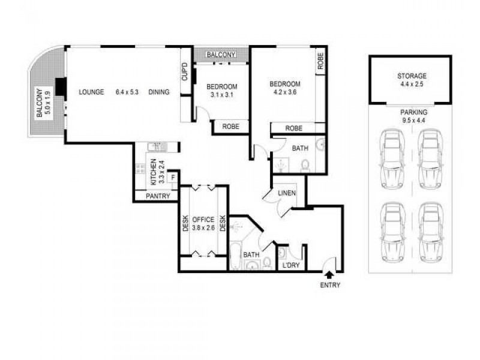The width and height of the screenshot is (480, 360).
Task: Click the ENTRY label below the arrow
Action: [x=331, y=285]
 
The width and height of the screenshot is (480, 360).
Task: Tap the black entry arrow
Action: [x=329, y=275]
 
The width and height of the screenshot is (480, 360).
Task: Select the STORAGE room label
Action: [x=411, y=76]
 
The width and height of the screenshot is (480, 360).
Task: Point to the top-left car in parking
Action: [x=391, y=157]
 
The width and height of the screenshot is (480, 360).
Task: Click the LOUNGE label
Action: [x=91, y=92]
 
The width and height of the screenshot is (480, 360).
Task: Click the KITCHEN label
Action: [x=154, y=170]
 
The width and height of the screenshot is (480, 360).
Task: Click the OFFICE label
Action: [x=203, y=220]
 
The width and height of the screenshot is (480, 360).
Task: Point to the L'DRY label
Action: [x=292, y=265]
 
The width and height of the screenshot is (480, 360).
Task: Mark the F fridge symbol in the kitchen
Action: [x=173, y=178]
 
